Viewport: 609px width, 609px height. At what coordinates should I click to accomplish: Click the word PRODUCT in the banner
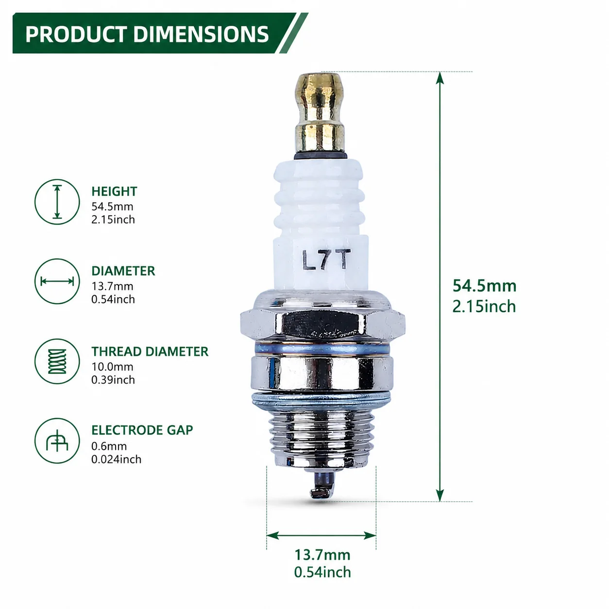click(x=76, y=34)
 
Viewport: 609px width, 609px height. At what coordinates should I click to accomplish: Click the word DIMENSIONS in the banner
click(x=201, y=34)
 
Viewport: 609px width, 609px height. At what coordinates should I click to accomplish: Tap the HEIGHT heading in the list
click(x=114, y=191)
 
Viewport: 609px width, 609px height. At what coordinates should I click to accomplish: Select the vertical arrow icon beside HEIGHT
click(x=57, y=202)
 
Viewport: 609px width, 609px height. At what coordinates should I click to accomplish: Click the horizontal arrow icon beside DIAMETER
click(x=57, y=281)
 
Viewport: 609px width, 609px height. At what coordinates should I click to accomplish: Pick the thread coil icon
click(x=57, y=361)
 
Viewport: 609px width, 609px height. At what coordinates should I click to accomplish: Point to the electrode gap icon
click(x=57, y=441)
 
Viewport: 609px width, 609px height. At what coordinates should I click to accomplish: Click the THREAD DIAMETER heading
click(x=150, y=352)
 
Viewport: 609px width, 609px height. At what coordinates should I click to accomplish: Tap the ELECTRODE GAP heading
click(x=142, y=430)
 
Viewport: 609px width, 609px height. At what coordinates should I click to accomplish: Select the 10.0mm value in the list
click(x=112, y=367)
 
